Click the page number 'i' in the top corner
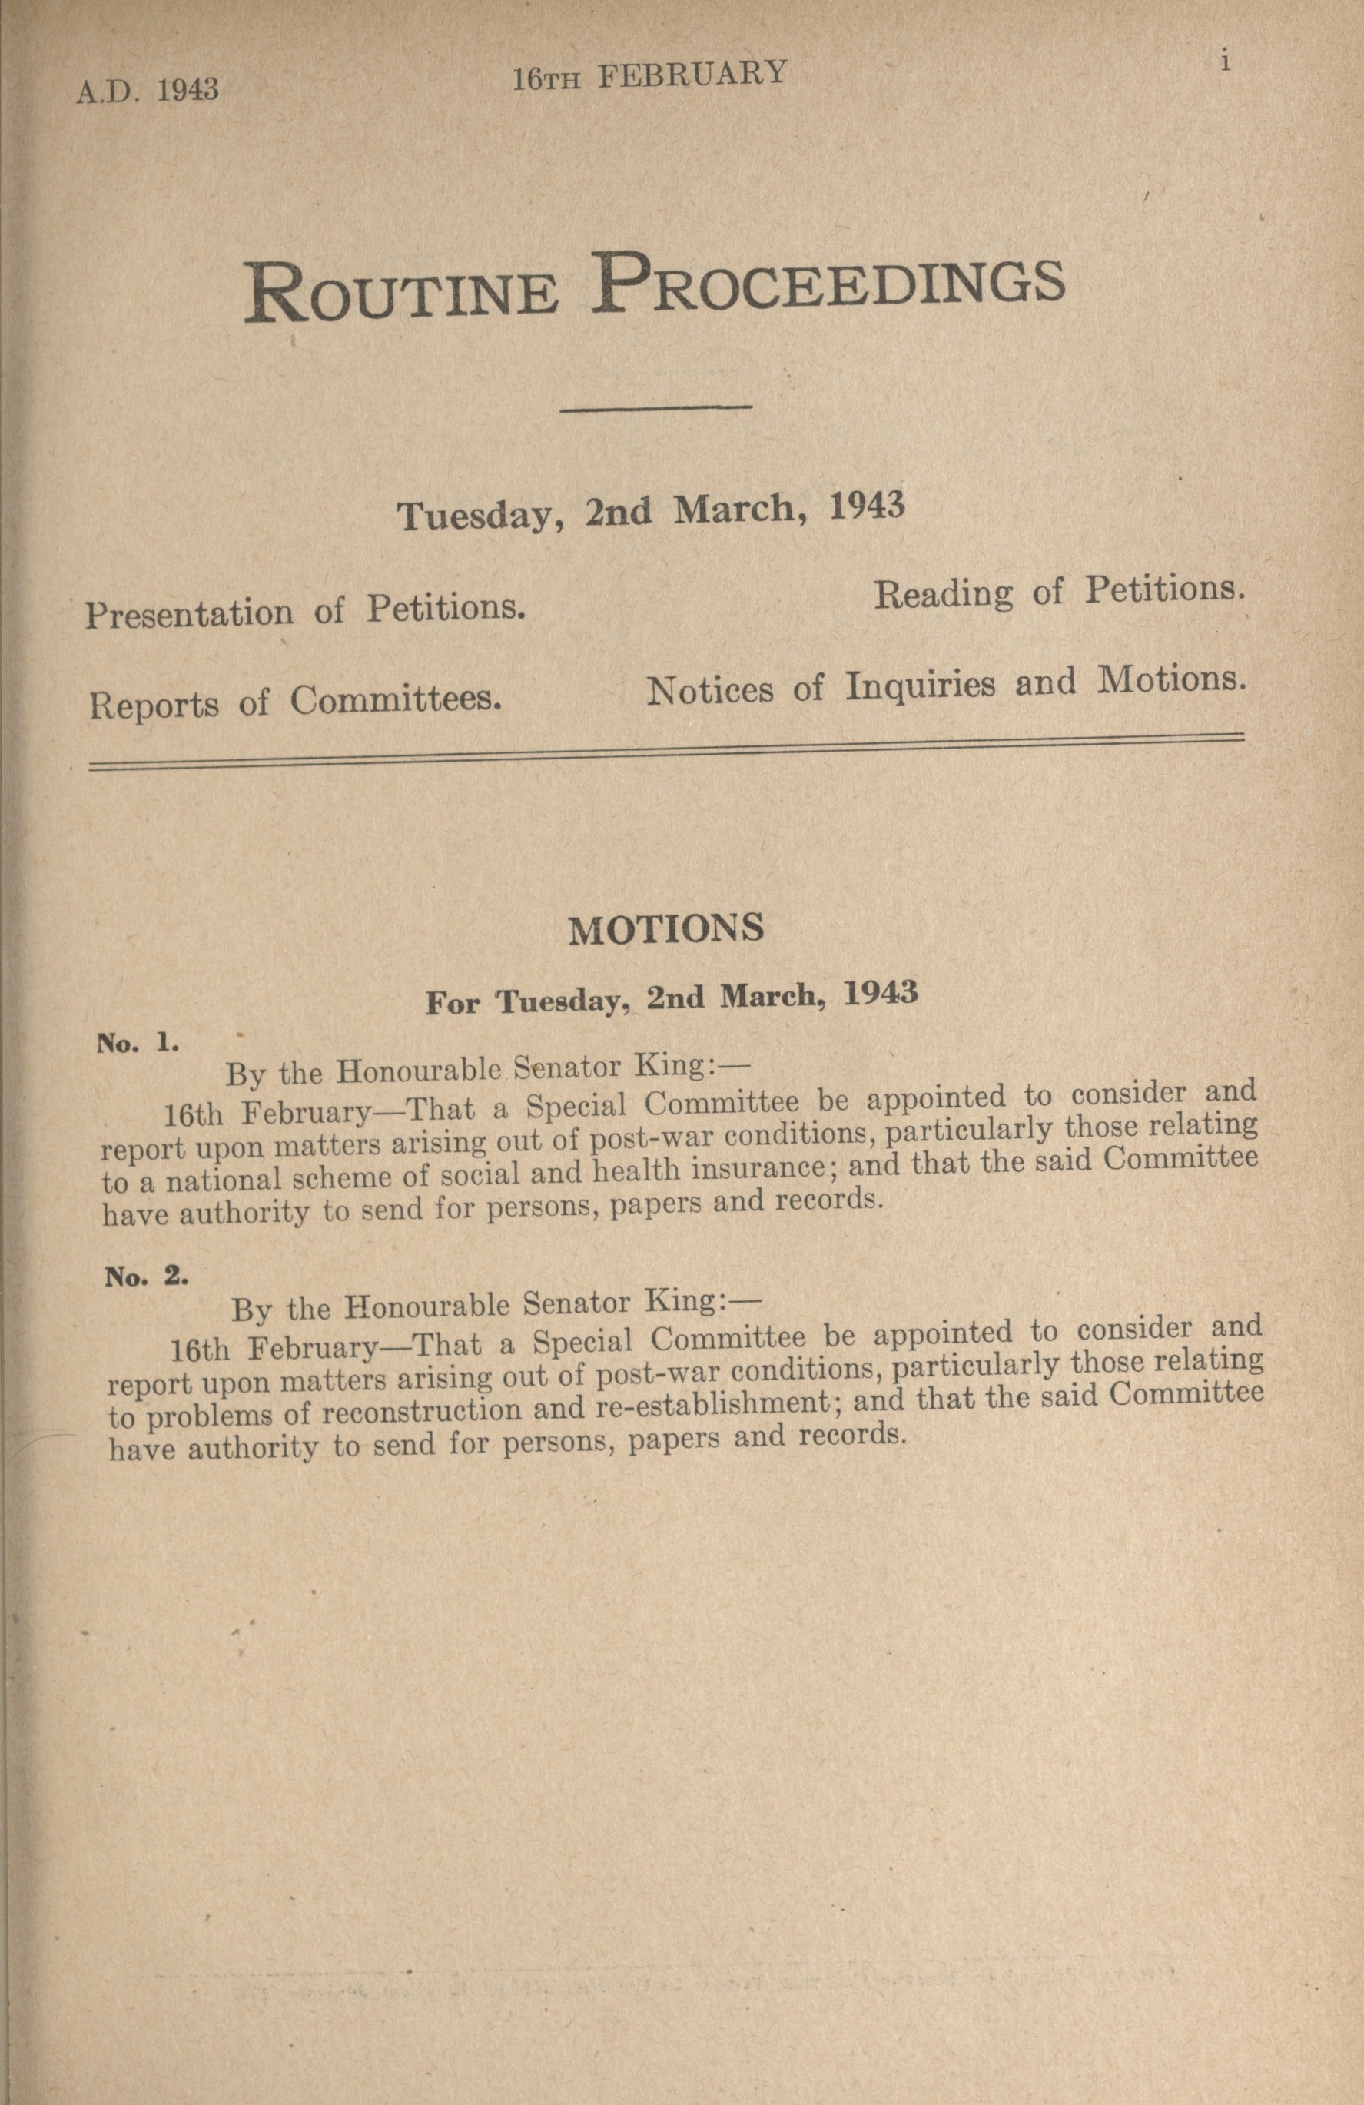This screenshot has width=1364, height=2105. [1225, 64]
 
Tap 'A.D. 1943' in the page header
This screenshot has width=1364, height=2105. [148, 90]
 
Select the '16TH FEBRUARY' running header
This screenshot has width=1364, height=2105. [649, 75]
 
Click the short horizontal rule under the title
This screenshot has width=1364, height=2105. [656, 408]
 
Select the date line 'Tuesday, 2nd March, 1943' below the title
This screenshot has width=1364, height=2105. [651, 511]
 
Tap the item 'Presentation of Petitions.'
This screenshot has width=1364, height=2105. [305, 610]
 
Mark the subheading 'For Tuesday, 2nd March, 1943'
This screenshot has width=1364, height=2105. [672, 998]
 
